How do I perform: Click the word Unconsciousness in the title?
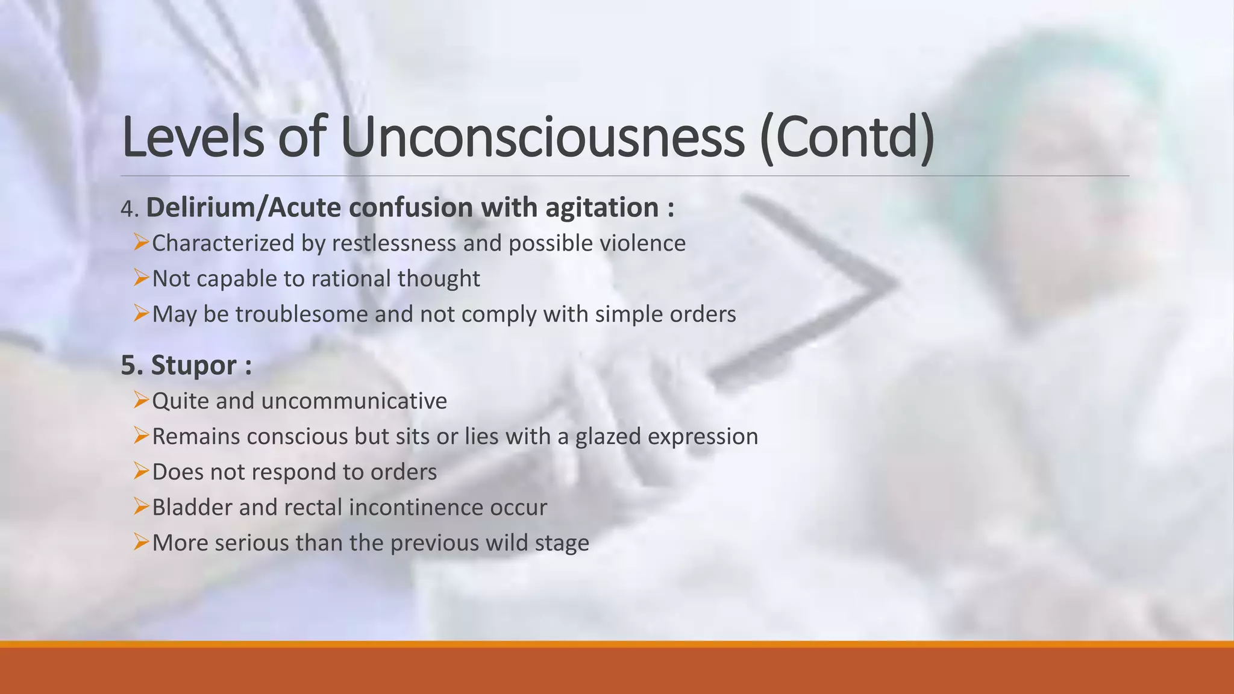542,137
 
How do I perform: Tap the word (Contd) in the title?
847,137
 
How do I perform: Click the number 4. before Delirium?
130,209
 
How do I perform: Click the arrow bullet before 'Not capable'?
141,278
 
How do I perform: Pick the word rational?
346,279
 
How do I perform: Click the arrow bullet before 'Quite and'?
141,400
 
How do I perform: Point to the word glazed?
608,437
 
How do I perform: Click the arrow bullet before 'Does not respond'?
141,471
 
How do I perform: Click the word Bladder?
192,507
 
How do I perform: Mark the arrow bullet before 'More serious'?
141,542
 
